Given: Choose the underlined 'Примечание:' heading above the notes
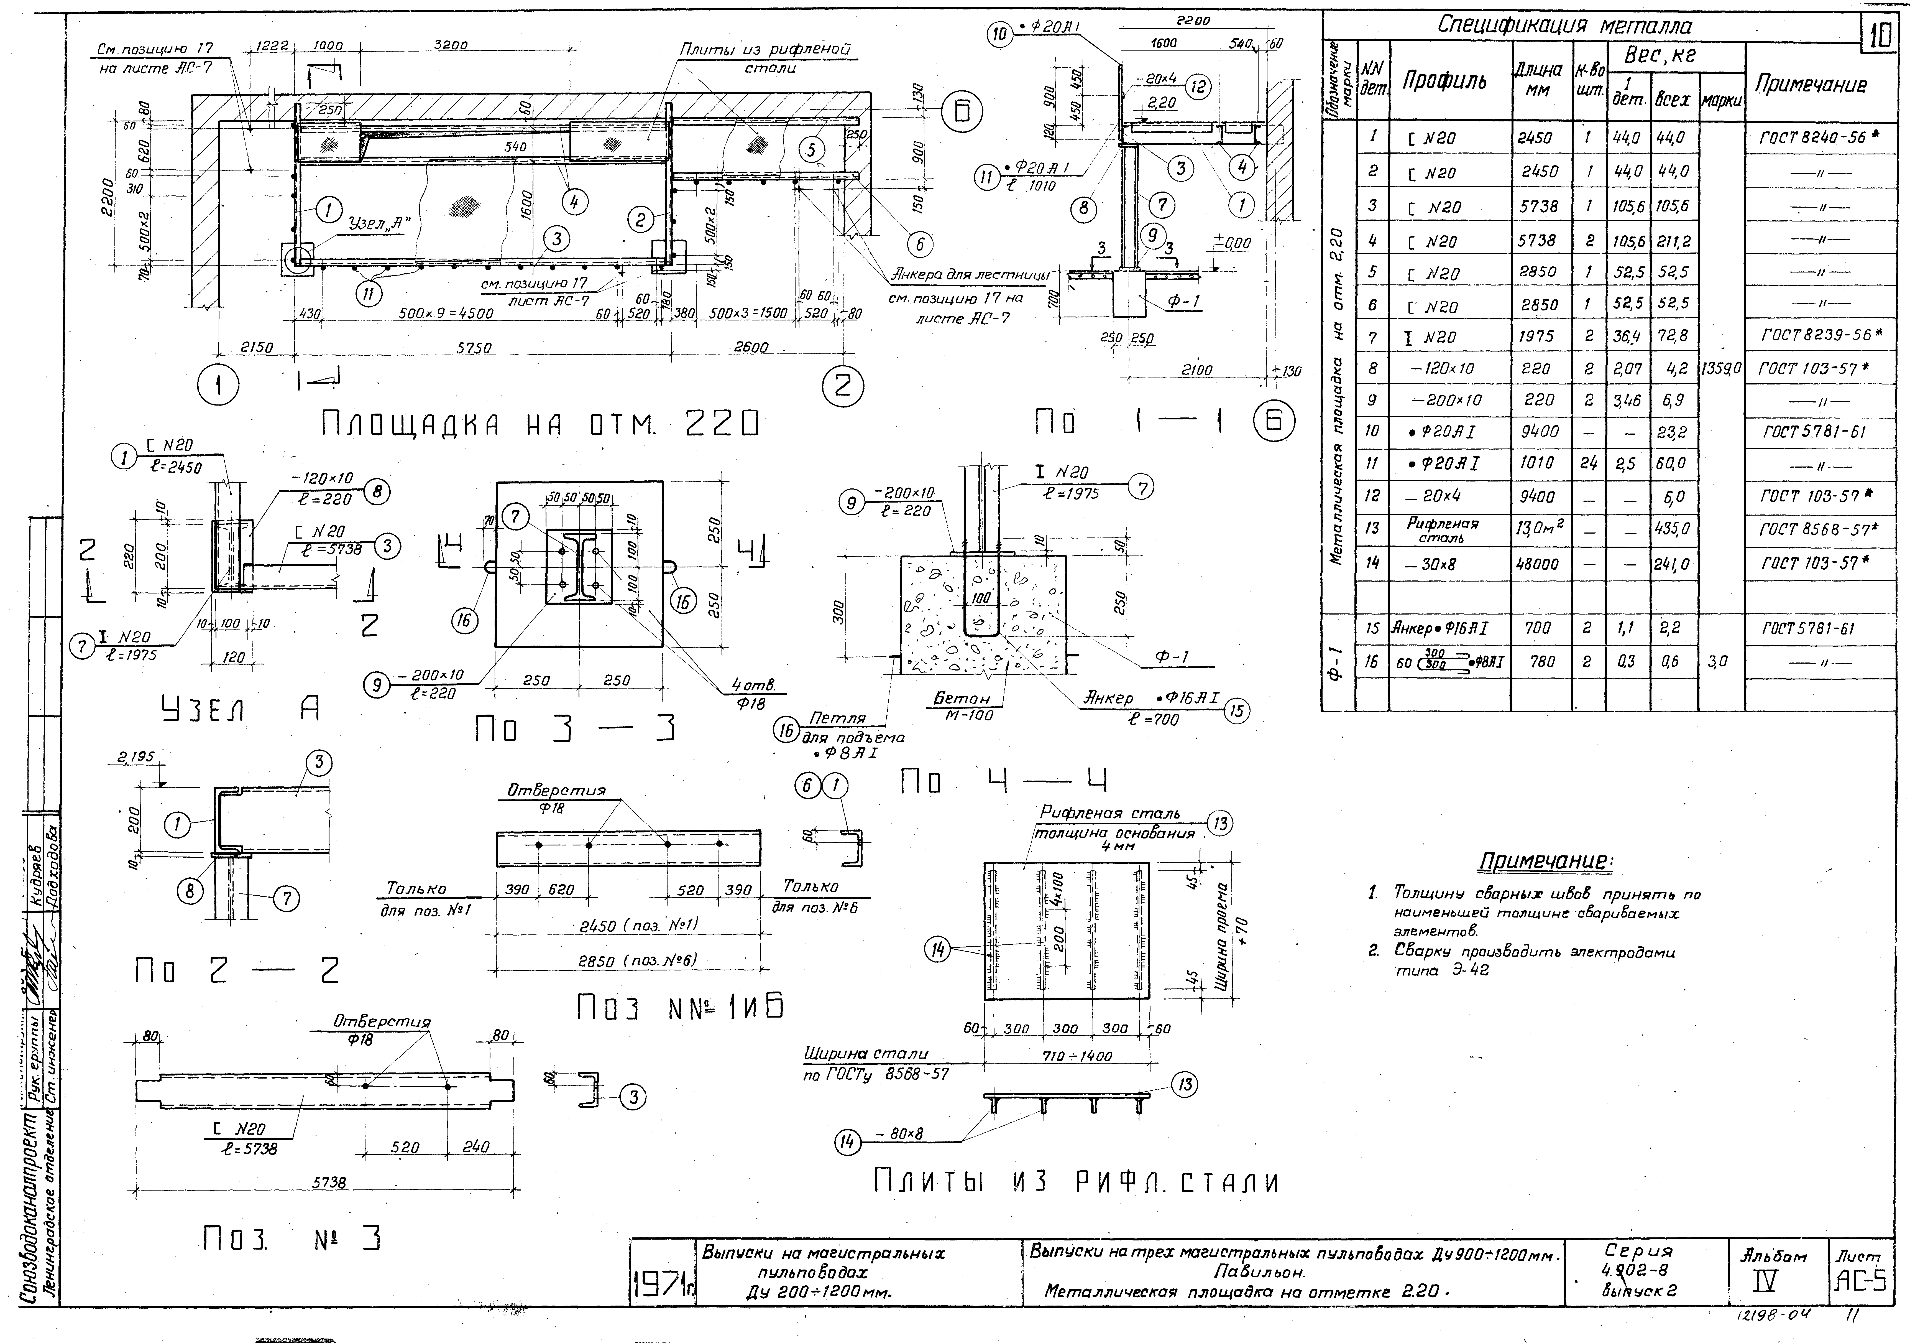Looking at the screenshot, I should tap(1545, 862).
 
